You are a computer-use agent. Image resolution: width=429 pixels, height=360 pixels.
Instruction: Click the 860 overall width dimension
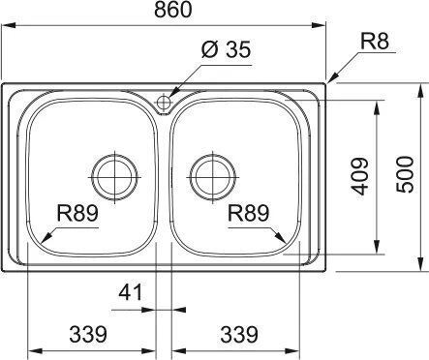click(x=173, y=10)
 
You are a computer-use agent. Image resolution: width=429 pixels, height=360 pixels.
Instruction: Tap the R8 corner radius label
click(x=375, y=42)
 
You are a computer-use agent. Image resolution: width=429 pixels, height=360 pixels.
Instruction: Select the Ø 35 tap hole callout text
click(x=226, y=50)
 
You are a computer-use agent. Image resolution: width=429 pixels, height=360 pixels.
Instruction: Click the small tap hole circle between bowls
click(x=164, y=103)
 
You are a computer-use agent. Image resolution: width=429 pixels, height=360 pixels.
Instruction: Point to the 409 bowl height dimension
click(x=359, y=176)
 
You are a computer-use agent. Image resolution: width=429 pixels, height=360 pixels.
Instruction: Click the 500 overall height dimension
click(x=405, y=174)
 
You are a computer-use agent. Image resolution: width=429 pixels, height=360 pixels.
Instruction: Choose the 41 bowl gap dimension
click(x=131, y=292)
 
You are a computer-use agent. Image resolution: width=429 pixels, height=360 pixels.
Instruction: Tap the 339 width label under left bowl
click(x=88, y=334)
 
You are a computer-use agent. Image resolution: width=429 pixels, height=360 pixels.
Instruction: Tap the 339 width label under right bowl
click(x=239, y=334)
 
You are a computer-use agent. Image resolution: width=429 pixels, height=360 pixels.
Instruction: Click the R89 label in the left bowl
click(x=77, y=213)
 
